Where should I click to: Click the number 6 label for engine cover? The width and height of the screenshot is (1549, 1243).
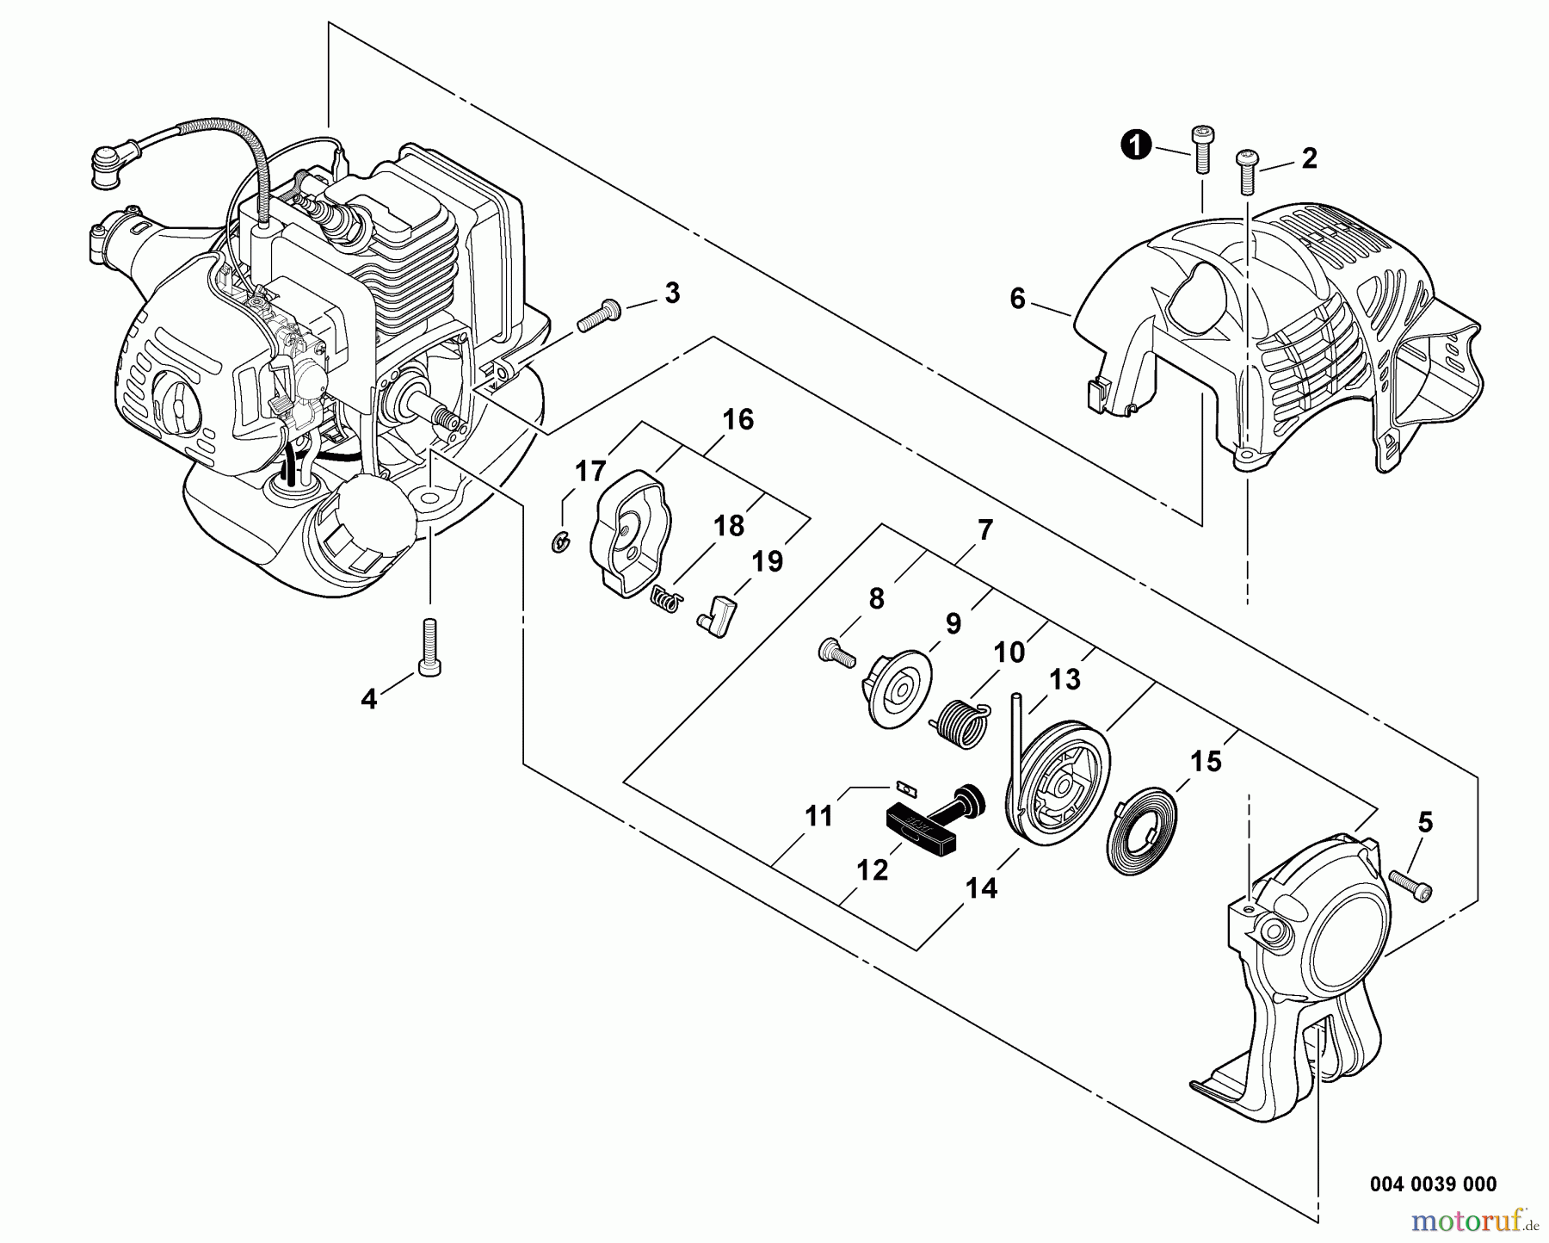pyautogui.click(x=1017, y=300)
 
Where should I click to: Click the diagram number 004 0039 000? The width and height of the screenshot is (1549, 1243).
pyautogui.click(x=1432, y=1184)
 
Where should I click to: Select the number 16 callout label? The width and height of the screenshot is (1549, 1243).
pyautogui.click(x=737, y=420)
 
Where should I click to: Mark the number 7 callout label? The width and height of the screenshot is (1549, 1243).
pyautogui.click(x=985, y=530)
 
